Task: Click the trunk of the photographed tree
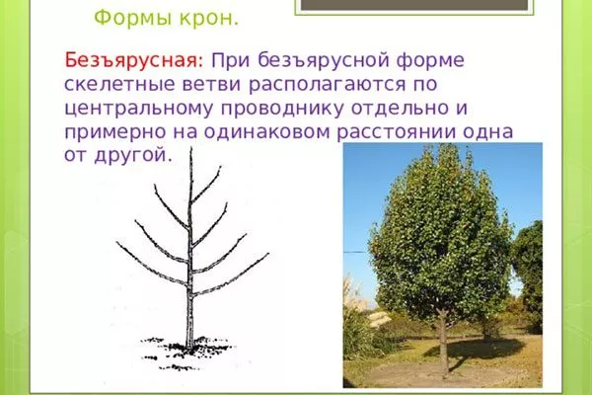click(443, 342)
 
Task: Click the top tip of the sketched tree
click(191, 150)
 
